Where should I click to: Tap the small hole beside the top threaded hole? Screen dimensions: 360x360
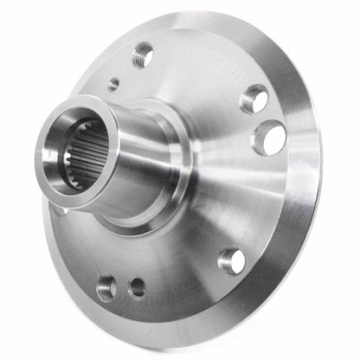pyautogui.click(x=114, y=85)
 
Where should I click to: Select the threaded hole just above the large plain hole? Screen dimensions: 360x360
pyautogui.click(x=253, y=98)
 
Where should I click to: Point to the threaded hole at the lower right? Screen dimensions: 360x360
pyautogui.click(x=231, y=258)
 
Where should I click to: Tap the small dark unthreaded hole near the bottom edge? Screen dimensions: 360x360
pyautogui.click(x=137, y=289)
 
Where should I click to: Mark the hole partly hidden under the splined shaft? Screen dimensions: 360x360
pyautogui.click(x=57, y=208)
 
